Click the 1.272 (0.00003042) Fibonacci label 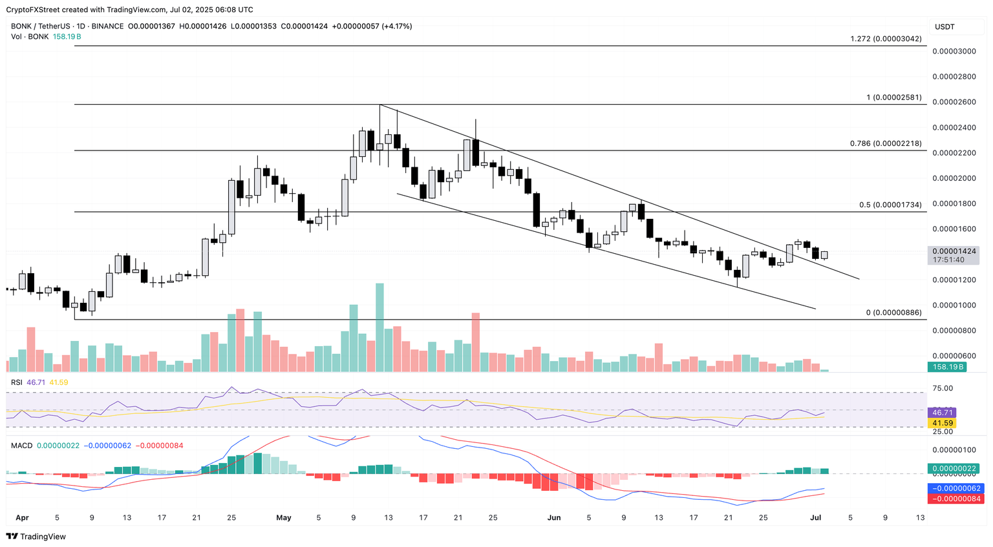click(886, 39)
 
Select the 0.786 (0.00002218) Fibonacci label click(885, 143)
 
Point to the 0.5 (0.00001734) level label click(890, 205)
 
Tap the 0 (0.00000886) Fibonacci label click(893, 313)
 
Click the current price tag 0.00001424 click(954, 251)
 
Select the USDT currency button click(945, 26)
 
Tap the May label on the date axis click(284, 517)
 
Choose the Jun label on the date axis click(554, 517)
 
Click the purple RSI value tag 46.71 click(941, 412)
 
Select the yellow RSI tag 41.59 click(941, 423)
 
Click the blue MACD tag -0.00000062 click(954, 488)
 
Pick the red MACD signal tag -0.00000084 click(954, 499)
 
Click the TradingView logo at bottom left click(36, 537)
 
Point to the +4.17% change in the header click(396, 26)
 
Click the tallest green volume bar click(379, 327)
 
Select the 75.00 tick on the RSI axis click(944, 388)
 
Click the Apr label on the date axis click(22, 517)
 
